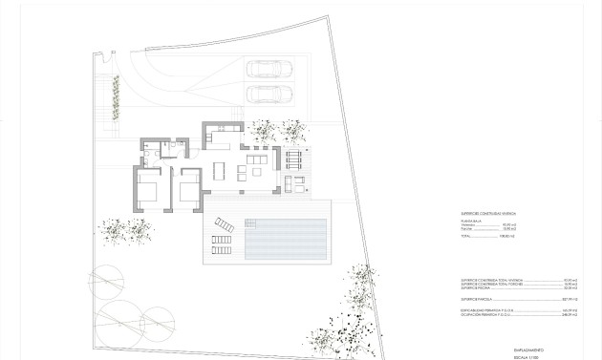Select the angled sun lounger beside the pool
224,225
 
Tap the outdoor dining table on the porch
293,157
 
